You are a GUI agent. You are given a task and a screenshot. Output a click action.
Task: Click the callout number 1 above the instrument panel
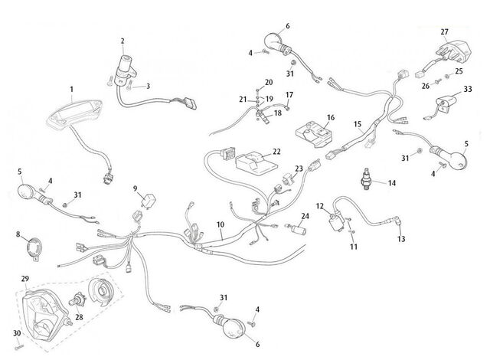[x=71, y=90]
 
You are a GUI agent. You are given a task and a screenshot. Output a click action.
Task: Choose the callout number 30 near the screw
[x=17, y=333]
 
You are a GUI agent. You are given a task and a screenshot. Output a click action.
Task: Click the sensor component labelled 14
[x=365, y=178]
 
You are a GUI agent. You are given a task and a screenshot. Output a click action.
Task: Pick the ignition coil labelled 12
[x=337, y=221]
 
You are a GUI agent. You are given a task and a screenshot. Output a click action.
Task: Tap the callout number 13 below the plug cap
[x=401, y=239]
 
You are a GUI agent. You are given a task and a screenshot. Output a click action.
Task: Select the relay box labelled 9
[x=149, y=201]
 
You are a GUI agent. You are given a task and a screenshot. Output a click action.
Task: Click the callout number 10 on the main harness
[x=220, y=224]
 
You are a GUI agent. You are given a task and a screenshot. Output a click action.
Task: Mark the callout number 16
[x=331, y=117]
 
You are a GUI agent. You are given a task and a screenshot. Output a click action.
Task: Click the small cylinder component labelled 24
[x=299, y=231]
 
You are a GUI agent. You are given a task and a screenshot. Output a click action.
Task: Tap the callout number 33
[x=468, y=89]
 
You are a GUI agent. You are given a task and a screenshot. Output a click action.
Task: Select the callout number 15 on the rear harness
[x=358, y=124]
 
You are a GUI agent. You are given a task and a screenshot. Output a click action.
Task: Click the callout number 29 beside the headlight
[x=25, y=279]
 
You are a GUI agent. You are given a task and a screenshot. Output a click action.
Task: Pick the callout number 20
[x=269, y=82]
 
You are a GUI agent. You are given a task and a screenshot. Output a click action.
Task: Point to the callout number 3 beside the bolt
[x=148, y=86]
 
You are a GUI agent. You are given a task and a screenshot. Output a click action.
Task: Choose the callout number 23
[x=299, y=169]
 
